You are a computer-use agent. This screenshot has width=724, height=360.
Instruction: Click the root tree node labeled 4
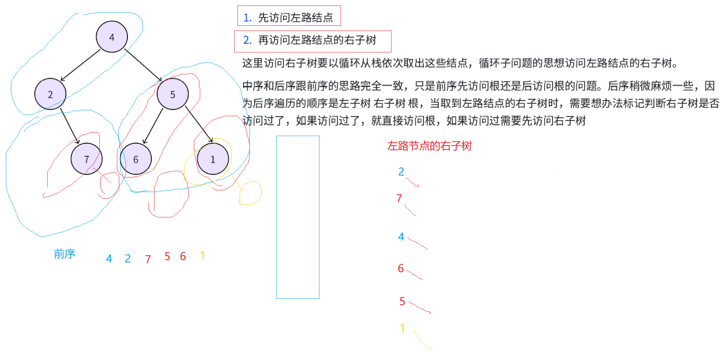(112, 37)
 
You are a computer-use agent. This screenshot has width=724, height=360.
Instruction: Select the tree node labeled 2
(50, 94)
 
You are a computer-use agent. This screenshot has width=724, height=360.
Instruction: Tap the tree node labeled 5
(173, 94)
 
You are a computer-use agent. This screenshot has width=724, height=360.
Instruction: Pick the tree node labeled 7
(87, 159)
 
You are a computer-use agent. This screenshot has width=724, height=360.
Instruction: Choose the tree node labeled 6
(136, 159)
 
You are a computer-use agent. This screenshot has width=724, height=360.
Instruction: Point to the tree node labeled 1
(213, 159)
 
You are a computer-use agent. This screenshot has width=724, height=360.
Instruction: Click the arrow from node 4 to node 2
(80, 65)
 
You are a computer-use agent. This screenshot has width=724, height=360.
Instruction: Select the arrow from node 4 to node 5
(143, 65)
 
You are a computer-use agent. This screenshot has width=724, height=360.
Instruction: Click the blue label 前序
(64, 254)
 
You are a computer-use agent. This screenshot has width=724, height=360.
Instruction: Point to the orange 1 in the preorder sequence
(202, 255)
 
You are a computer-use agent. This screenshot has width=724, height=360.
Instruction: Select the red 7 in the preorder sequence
(148, 259)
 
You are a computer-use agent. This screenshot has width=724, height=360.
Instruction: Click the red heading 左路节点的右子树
(429, 146)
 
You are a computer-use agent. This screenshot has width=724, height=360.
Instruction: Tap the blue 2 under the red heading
(401, 172)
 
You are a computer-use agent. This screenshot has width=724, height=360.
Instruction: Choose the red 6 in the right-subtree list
(400, 268)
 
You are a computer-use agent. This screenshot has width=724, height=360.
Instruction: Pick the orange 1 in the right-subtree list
(402, 328)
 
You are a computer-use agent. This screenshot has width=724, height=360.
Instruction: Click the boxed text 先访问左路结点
(289, 17)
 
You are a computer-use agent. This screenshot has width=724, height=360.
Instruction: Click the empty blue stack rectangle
(298, 217)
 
